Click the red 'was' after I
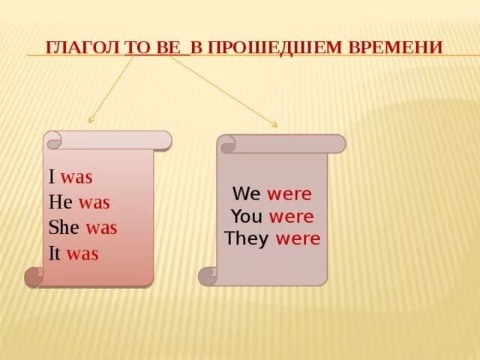(76, 178)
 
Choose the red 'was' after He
(94, 202)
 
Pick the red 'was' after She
(101, 228)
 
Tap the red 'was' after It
(82, 253)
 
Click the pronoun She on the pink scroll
(64, 228)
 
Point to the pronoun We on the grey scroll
(246, 194)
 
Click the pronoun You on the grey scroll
(246, 217)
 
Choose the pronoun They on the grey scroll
(247, 239)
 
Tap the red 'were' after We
(289, 194)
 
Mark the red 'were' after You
(291, 217)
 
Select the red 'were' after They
(298, 239)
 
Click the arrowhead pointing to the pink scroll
(91, 120)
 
